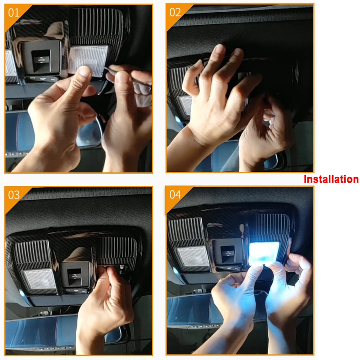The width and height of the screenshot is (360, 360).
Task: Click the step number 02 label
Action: point(175,12)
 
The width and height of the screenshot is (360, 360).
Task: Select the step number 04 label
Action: point(175,195)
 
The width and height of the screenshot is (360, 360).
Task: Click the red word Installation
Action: point(331,179)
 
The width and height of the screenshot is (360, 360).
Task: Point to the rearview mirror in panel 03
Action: point(40,331)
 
